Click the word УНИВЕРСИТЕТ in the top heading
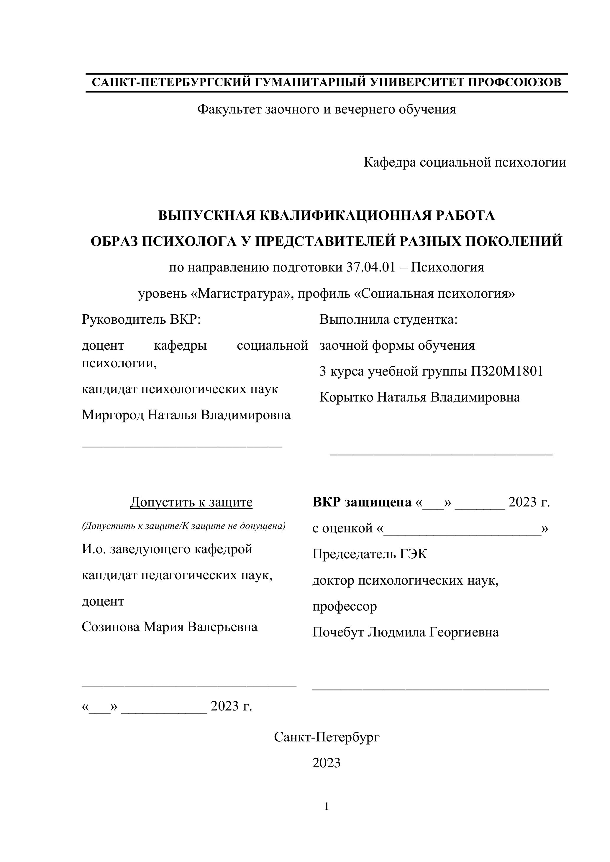[x=416, y=82]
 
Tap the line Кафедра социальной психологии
[x=465, y=162]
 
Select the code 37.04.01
[x=371, y=268]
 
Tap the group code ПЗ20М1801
[x=507, y=371]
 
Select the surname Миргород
[x=112, y=415]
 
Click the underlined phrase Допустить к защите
[x=191, y=502]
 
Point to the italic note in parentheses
[x=184, y=526]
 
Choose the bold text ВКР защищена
[x=362, y=502]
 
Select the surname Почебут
[x=338, y=632]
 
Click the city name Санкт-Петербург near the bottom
[x=327, y=737]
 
